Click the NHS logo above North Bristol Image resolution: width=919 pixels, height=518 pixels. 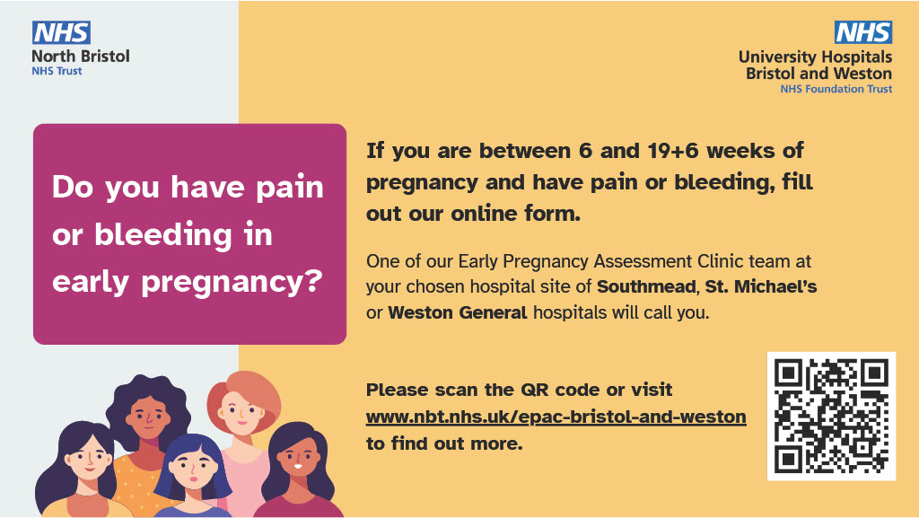(61, 33)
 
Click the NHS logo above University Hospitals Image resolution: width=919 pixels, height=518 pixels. (862, 33)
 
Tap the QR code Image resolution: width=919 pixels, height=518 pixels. (831, 416)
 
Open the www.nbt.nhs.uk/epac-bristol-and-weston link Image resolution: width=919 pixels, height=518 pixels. (556, 417)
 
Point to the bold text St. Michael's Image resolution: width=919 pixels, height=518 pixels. (772, 287)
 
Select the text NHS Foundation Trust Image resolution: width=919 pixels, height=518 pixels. (836, 89)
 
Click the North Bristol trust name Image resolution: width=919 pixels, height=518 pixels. (80, 56)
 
